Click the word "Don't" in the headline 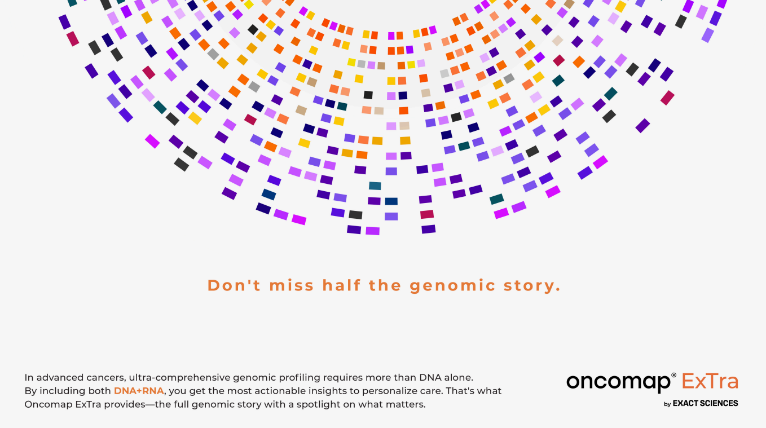(x=234, y=285)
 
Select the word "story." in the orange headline (x=532, y=286)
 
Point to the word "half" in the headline (x=342, y=285)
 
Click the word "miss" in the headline (x=292, y=285)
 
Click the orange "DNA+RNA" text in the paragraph (x=139, y=391)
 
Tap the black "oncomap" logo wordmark (x=619, y=383)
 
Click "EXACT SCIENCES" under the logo (x=706, y=403)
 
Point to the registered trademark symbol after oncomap (x=673, y=375)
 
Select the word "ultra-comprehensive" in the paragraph (x=179, y=378)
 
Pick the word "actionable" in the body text (x=250, y=391)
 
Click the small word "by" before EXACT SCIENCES (x=667, y=404)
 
